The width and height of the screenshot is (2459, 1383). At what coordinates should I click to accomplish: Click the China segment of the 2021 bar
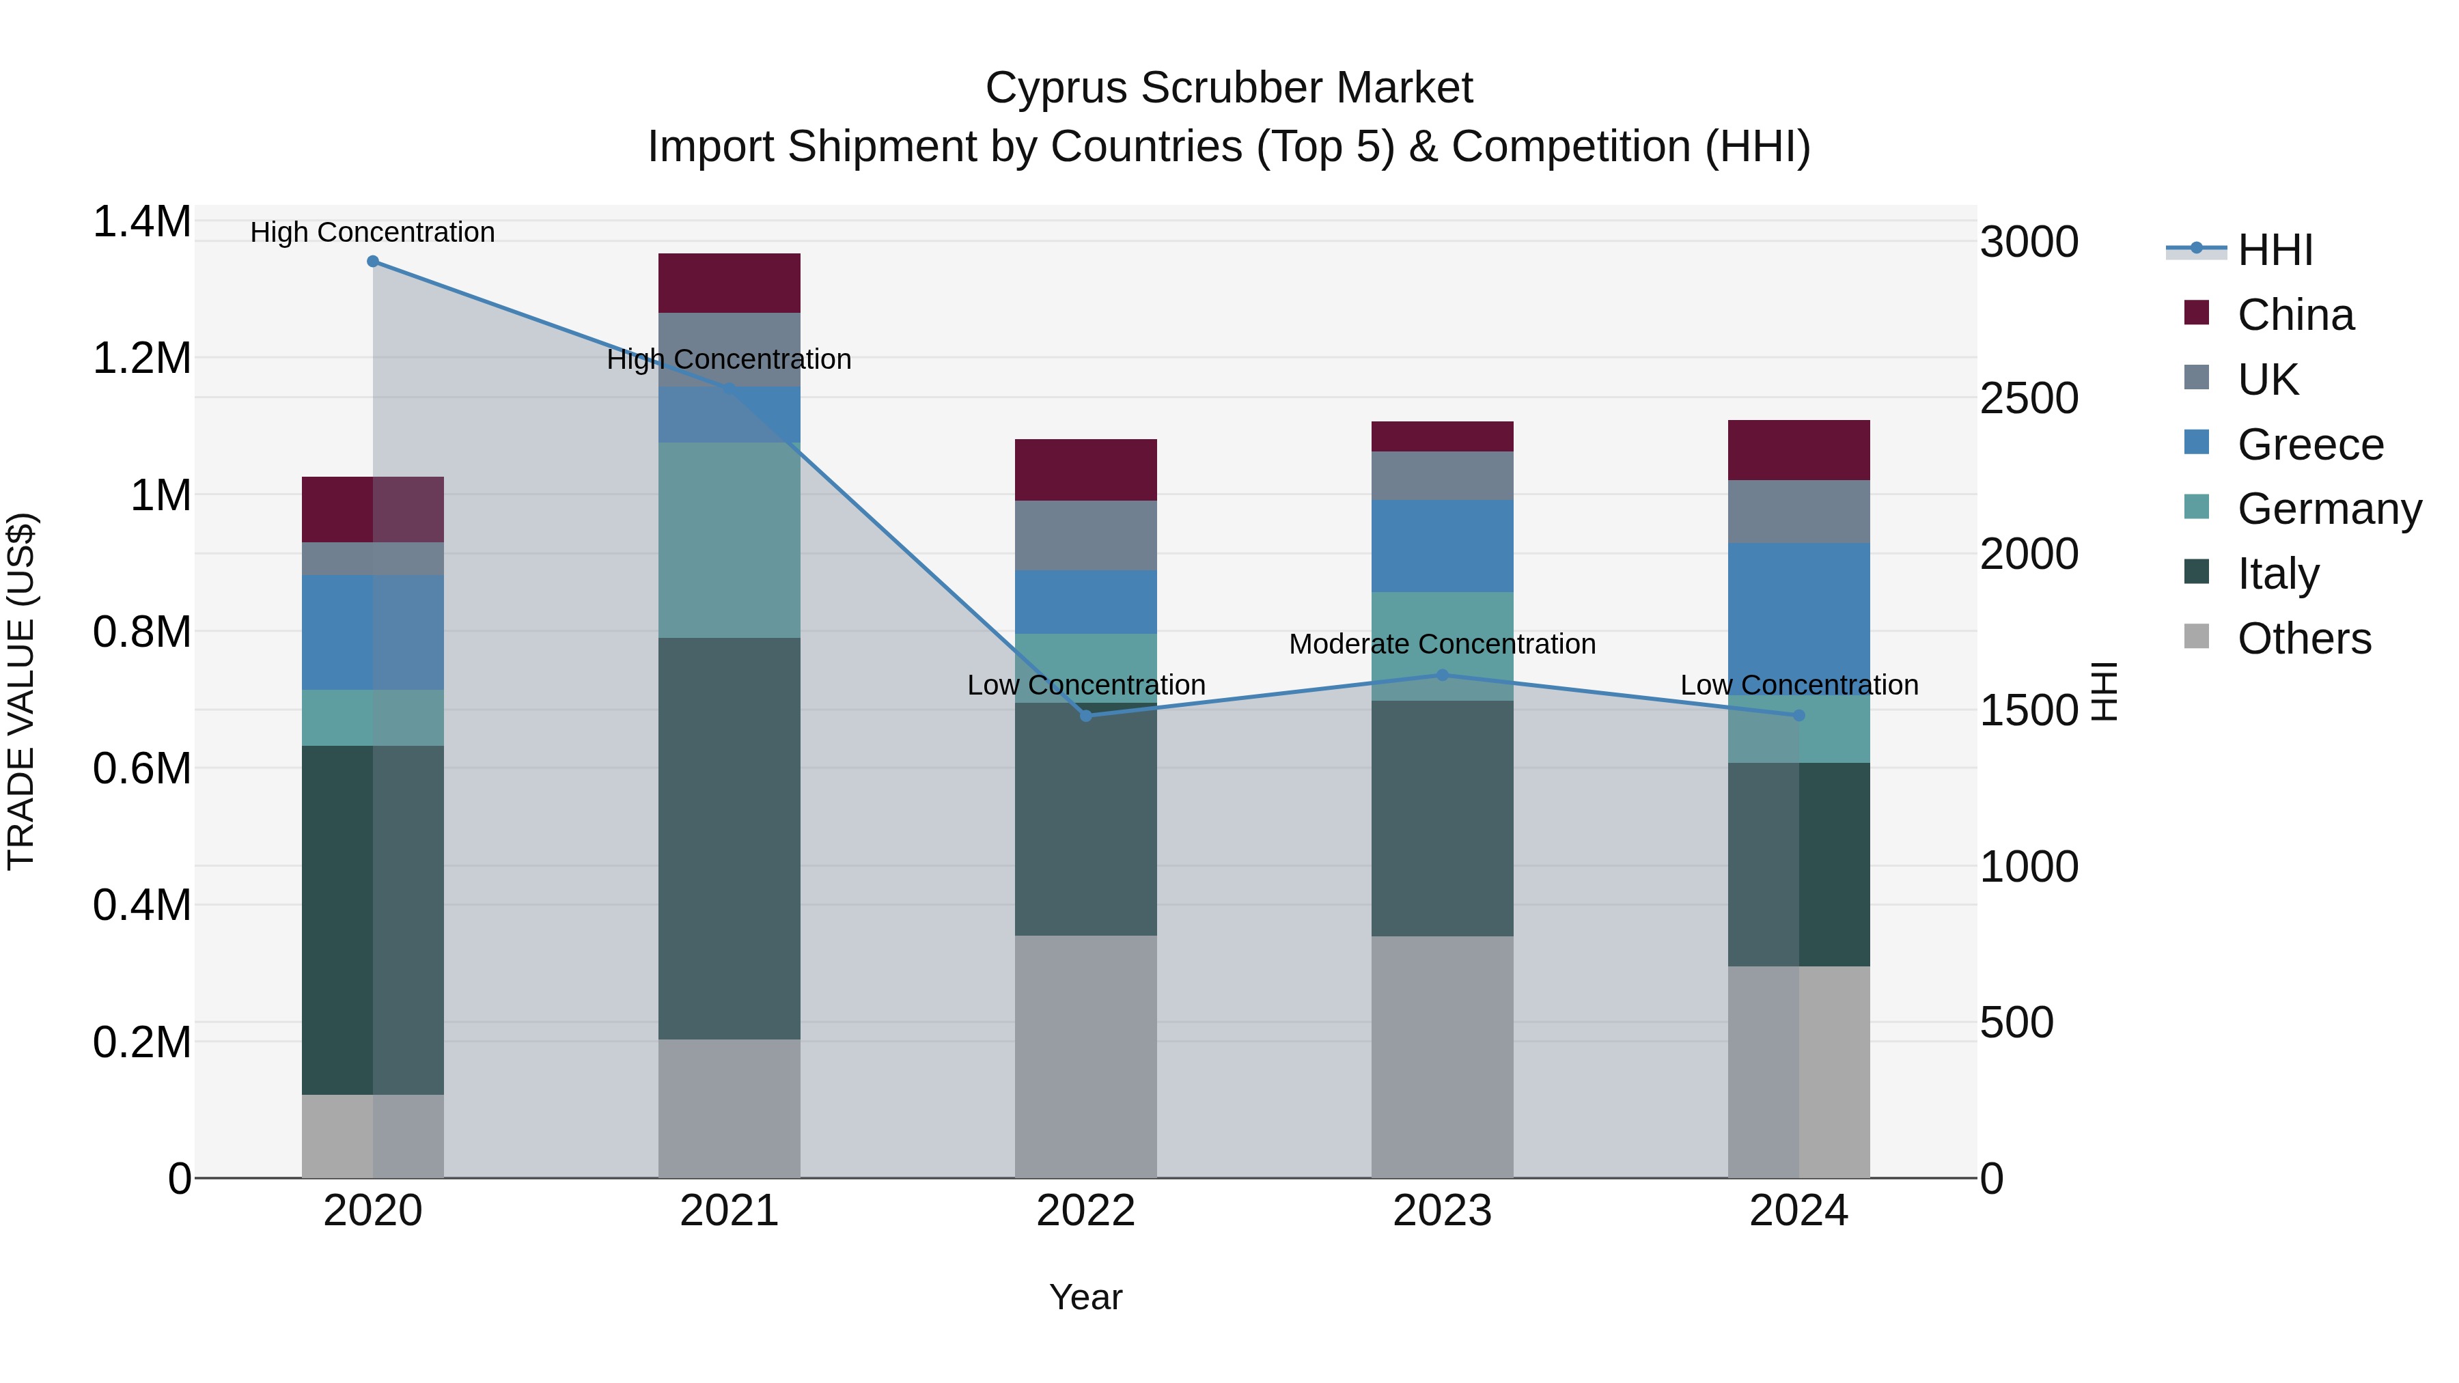[x=730, y=283]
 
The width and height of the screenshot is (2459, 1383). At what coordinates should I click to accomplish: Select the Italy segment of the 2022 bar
[x=1085, y=819]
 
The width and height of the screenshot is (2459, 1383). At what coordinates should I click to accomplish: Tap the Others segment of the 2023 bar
[x=1443, y=1057]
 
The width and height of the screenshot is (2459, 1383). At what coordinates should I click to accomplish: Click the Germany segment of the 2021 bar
[x=730, y=540]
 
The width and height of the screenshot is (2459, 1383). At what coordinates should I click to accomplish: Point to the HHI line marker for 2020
[x=373, y=262]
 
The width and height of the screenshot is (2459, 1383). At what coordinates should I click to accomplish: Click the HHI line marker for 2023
[x=1443, y=675]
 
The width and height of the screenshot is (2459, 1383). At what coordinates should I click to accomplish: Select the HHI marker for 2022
[x=1085, y=716]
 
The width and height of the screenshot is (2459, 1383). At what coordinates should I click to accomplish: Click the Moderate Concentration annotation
[x=1441, y=644]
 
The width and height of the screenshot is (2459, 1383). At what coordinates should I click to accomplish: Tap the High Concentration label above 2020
[x=372, y=232]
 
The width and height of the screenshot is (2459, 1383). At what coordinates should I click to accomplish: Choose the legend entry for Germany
[x=2329, y=509]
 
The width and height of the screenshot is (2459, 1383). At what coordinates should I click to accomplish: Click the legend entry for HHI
[x=2274, y=250]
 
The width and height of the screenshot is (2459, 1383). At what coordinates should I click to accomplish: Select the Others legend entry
[x=2303, y=639]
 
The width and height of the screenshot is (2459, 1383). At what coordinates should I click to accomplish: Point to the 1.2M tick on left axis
[x=141, y=359]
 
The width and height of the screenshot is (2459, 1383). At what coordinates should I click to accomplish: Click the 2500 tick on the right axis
[x=2029, y=398]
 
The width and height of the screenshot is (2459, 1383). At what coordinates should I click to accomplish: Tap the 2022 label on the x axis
[x=1085, y=1211]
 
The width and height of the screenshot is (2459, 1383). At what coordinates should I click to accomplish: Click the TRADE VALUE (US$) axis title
[x=21, y=691]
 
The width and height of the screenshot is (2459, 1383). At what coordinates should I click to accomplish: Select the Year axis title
[x=1085, y=1297]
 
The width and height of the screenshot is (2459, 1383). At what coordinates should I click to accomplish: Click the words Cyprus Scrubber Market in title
[x=1229, y=88]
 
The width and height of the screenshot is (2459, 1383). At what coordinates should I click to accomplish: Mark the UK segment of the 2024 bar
[x=1798, y=512]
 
